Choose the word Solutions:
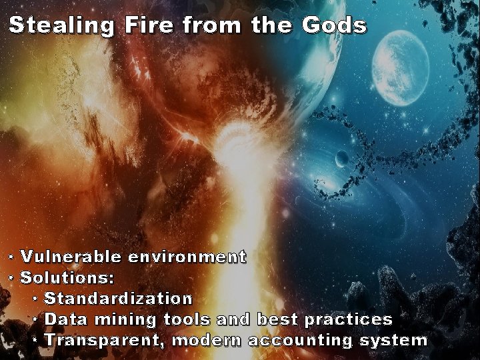67,277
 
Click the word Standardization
118,298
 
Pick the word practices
348,319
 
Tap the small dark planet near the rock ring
341,159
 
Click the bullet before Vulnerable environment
11,257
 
